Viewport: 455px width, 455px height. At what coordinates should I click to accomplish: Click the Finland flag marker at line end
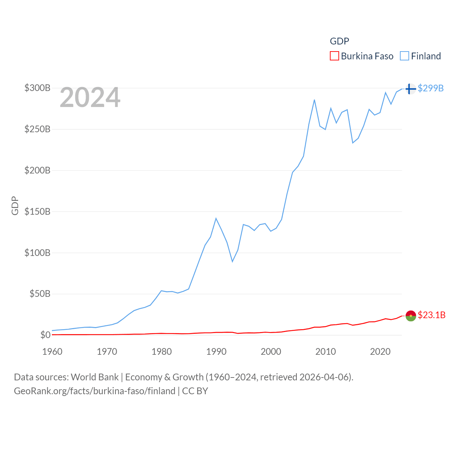(x=411, y=89)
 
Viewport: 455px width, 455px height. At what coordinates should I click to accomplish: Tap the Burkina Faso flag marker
(x=411, y=315)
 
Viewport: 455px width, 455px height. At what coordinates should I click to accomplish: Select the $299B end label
(x=430, y=88)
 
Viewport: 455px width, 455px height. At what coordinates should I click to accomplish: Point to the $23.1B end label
(x=432, y=315)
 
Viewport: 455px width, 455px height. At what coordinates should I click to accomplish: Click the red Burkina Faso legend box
(x=334, y=56)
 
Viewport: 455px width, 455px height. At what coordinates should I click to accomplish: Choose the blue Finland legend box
(x=405, y=56)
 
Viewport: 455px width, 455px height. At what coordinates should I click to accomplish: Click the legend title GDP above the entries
(x=339, y=41)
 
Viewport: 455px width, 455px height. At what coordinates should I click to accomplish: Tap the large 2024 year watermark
(x=90, y=97)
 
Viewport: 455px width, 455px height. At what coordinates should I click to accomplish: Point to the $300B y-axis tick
(x=37, y=88)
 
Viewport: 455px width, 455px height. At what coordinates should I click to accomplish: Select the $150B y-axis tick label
(x=37, y=212)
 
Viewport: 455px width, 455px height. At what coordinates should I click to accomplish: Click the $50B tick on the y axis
(x=40, y=294)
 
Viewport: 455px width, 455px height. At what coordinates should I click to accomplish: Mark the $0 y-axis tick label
(x=45, y=335)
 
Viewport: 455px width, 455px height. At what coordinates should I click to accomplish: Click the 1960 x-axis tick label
(x=52, y=352)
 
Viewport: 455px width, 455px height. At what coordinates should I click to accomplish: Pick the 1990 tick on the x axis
(x=216, y=352)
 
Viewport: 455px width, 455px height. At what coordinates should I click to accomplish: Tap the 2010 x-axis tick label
(x=326, y=352)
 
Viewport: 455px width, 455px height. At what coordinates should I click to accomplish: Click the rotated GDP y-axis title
(x=15, y=205)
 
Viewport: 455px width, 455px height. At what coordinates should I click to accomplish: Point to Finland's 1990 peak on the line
(x=216, y=218)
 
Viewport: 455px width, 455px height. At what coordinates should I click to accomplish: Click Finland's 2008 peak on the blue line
(x=315, y=100)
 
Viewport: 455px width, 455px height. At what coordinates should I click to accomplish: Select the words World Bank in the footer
(x=95, y=377)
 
